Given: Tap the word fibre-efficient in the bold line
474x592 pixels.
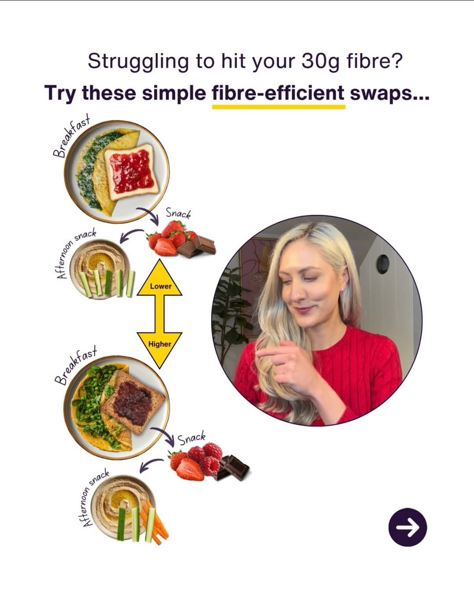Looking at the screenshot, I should (x=278, y=93).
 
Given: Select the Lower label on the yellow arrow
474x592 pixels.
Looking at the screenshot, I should (x=160, y=286).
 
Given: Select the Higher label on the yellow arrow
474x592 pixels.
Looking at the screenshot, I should (x=159, y=344).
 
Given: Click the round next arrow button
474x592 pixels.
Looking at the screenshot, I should (x=407, y=527).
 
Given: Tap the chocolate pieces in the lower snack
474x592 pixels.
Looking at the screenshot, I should (x=234, y=468).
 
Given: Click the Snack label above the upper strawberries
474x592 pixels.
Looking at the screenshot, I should (x=178, y=214).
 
